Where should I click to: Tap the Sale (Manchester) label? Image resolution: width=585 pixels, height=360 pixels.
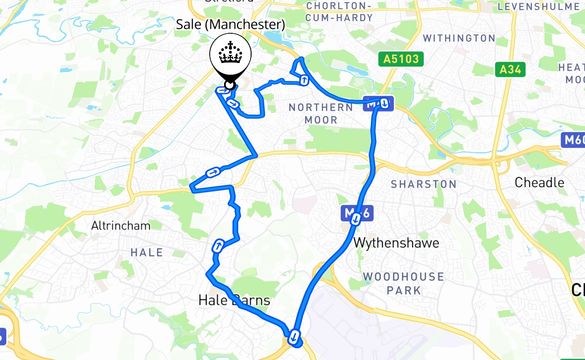pos(230,24)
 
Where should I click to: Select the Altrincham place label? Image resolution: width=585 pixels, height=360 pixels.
pos(121,225)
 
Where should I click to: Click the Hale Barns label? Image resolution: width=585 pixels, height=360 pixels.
pos(234,300)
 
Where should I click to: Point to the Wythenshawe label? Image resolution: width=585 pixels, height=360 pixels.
pos(396,243)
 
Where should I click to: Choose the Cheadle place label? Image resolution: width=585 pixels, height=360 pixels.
pos(539,182)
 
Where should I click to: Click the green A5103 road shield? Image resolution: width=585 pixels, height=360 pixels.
pos(400,59)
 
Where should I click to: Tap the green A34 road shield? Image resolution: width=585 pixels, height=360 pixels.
pos(510,69)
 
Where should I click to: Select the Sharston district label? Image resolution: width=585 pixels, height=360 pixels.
pos(423,184)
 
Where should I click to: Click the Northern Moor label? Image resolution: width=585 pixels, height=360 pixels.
pos(321,113)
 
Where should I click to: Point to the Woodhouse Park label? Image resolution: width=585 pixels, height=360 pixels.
pos(404,283)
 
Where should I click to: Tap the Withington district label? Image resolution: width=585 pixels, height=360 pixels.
pos(459,38)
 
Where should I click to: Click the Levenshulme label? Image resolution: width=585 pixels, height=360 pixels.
pos(539,6)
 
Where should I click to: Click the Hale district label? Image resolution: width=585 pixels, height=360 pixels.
pos(147,252)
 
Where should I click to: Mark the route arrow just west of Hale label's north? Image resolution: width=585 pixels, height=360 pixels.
pos(218,246)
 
